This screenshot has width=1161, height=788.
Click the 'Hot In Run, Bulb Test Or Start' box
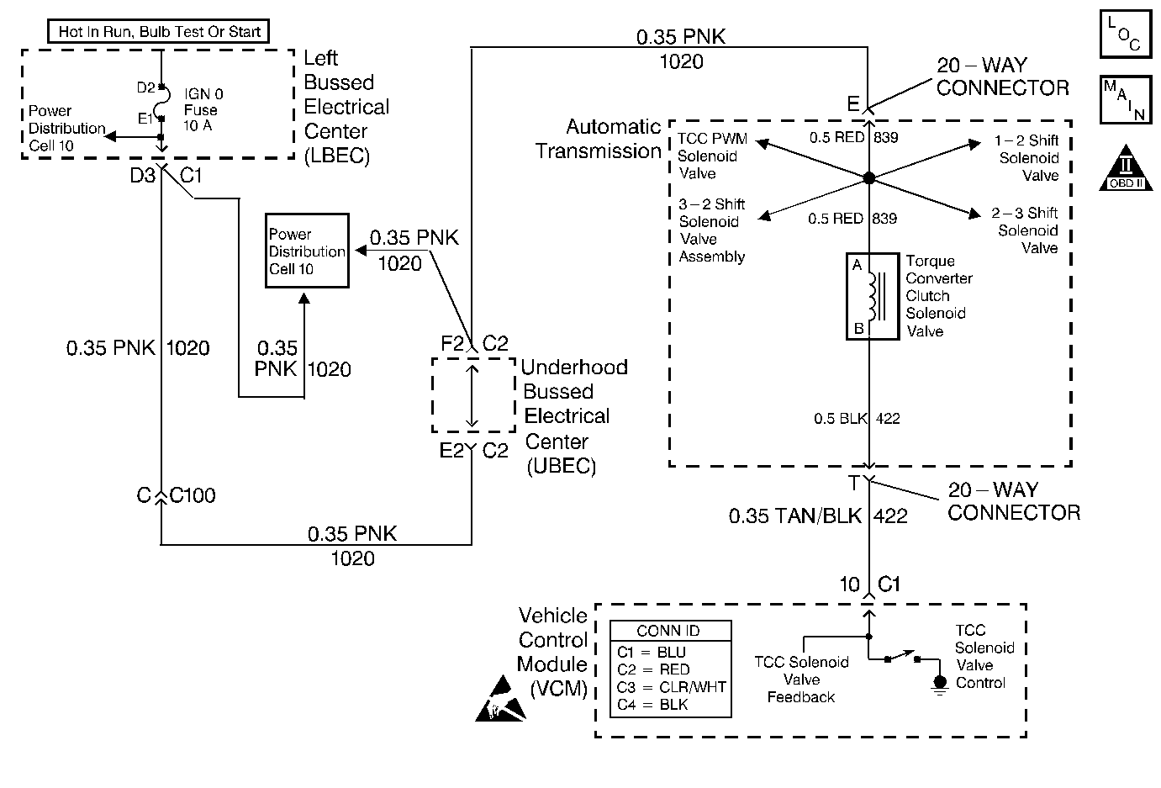[159, 32]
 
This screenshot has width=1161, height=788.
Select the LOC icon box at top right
[1125, 34]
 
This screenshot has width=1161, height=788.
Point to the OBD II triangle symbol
[1124, 167]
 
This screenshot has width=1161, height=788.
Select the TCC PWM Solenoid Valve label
[712, 156]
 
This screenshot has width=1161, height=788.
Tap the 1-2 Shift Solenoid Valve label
[1027, 158]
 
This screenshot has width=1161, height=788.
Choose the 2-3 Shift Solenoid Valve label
[1026, 230]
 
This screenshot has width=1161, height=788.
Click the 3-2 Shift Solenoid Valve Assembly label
[712, 230]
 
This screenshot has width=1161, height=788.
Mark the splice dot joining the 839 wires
[869, 178]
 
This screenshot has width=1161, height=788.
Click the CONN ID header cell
[669, 632]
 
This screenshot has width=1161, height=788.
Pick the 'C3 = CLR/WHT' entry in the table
[671, 687]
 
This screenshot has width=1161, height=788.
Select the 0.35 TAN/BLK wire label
[795, 516]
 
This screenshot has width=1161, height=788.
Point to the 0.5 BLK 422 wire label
[857, 419]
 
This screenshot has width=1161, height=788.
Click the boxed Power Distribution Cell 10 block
[307, 251]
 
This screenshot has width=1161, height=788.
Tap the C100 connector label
[193, 496]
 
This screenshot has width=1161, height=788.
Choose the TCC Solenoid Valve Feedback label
[801, 680]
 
